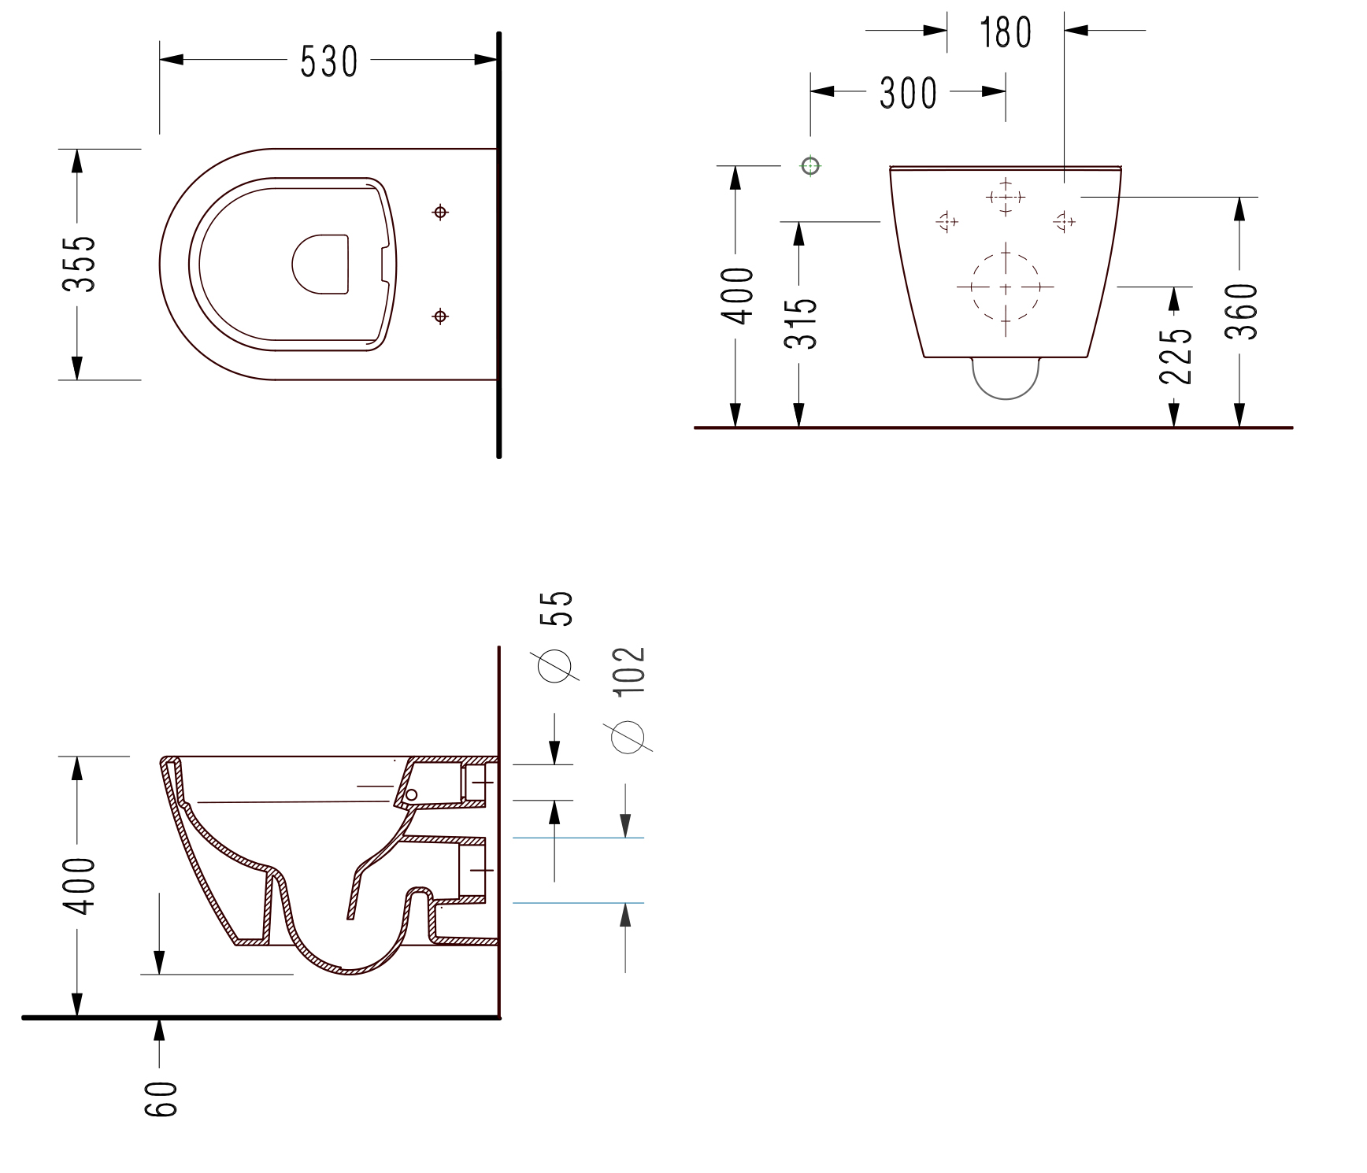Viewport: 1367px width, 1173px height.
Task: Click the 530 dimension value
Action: [329, 61]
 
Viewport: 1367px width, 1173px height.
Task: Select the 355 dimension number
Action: [80, 264]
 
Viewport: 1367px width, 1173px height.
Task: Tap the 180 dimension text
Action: [1005, 33]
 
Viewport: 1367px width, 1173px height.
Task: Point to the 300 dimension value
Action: [908, 93]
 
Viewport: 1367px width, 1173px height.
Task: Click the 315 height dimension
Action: [802, 323]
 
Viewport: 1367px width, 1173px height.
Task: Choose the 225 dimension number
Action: [1176, 355]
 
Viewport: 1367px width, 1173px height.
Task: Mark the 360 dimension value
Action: [1242, 312]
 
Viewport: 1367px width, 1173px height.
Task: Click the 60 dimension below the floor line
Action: [161, 1099]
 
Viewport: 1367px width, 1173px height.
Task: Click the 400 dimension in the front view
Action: [738, 295]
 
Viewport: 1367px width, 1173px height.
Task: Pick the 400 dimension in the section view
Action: [80, 886]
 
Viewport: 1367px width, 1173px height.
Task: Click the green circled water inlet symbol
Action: [810, 165]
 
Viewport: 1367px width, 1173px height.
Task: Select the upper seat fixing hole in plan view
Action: [441, 212]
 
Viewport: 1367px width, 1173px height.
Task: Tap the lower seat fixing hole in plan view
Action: [441, 316]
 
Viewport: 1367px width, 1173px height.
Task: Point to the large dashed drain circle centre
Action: [1006, 287]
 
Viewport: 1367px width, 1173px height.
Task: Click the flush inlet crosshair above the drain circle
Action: [1006, 196]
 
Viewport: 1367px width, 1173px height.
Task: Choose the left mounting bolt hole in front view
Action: [947, 222]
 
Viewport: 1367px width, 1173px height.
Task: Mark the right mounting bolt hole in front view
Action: [1064, 222]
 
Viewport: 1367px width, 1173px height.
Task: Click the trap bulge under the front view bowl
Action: [1006, 379]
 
